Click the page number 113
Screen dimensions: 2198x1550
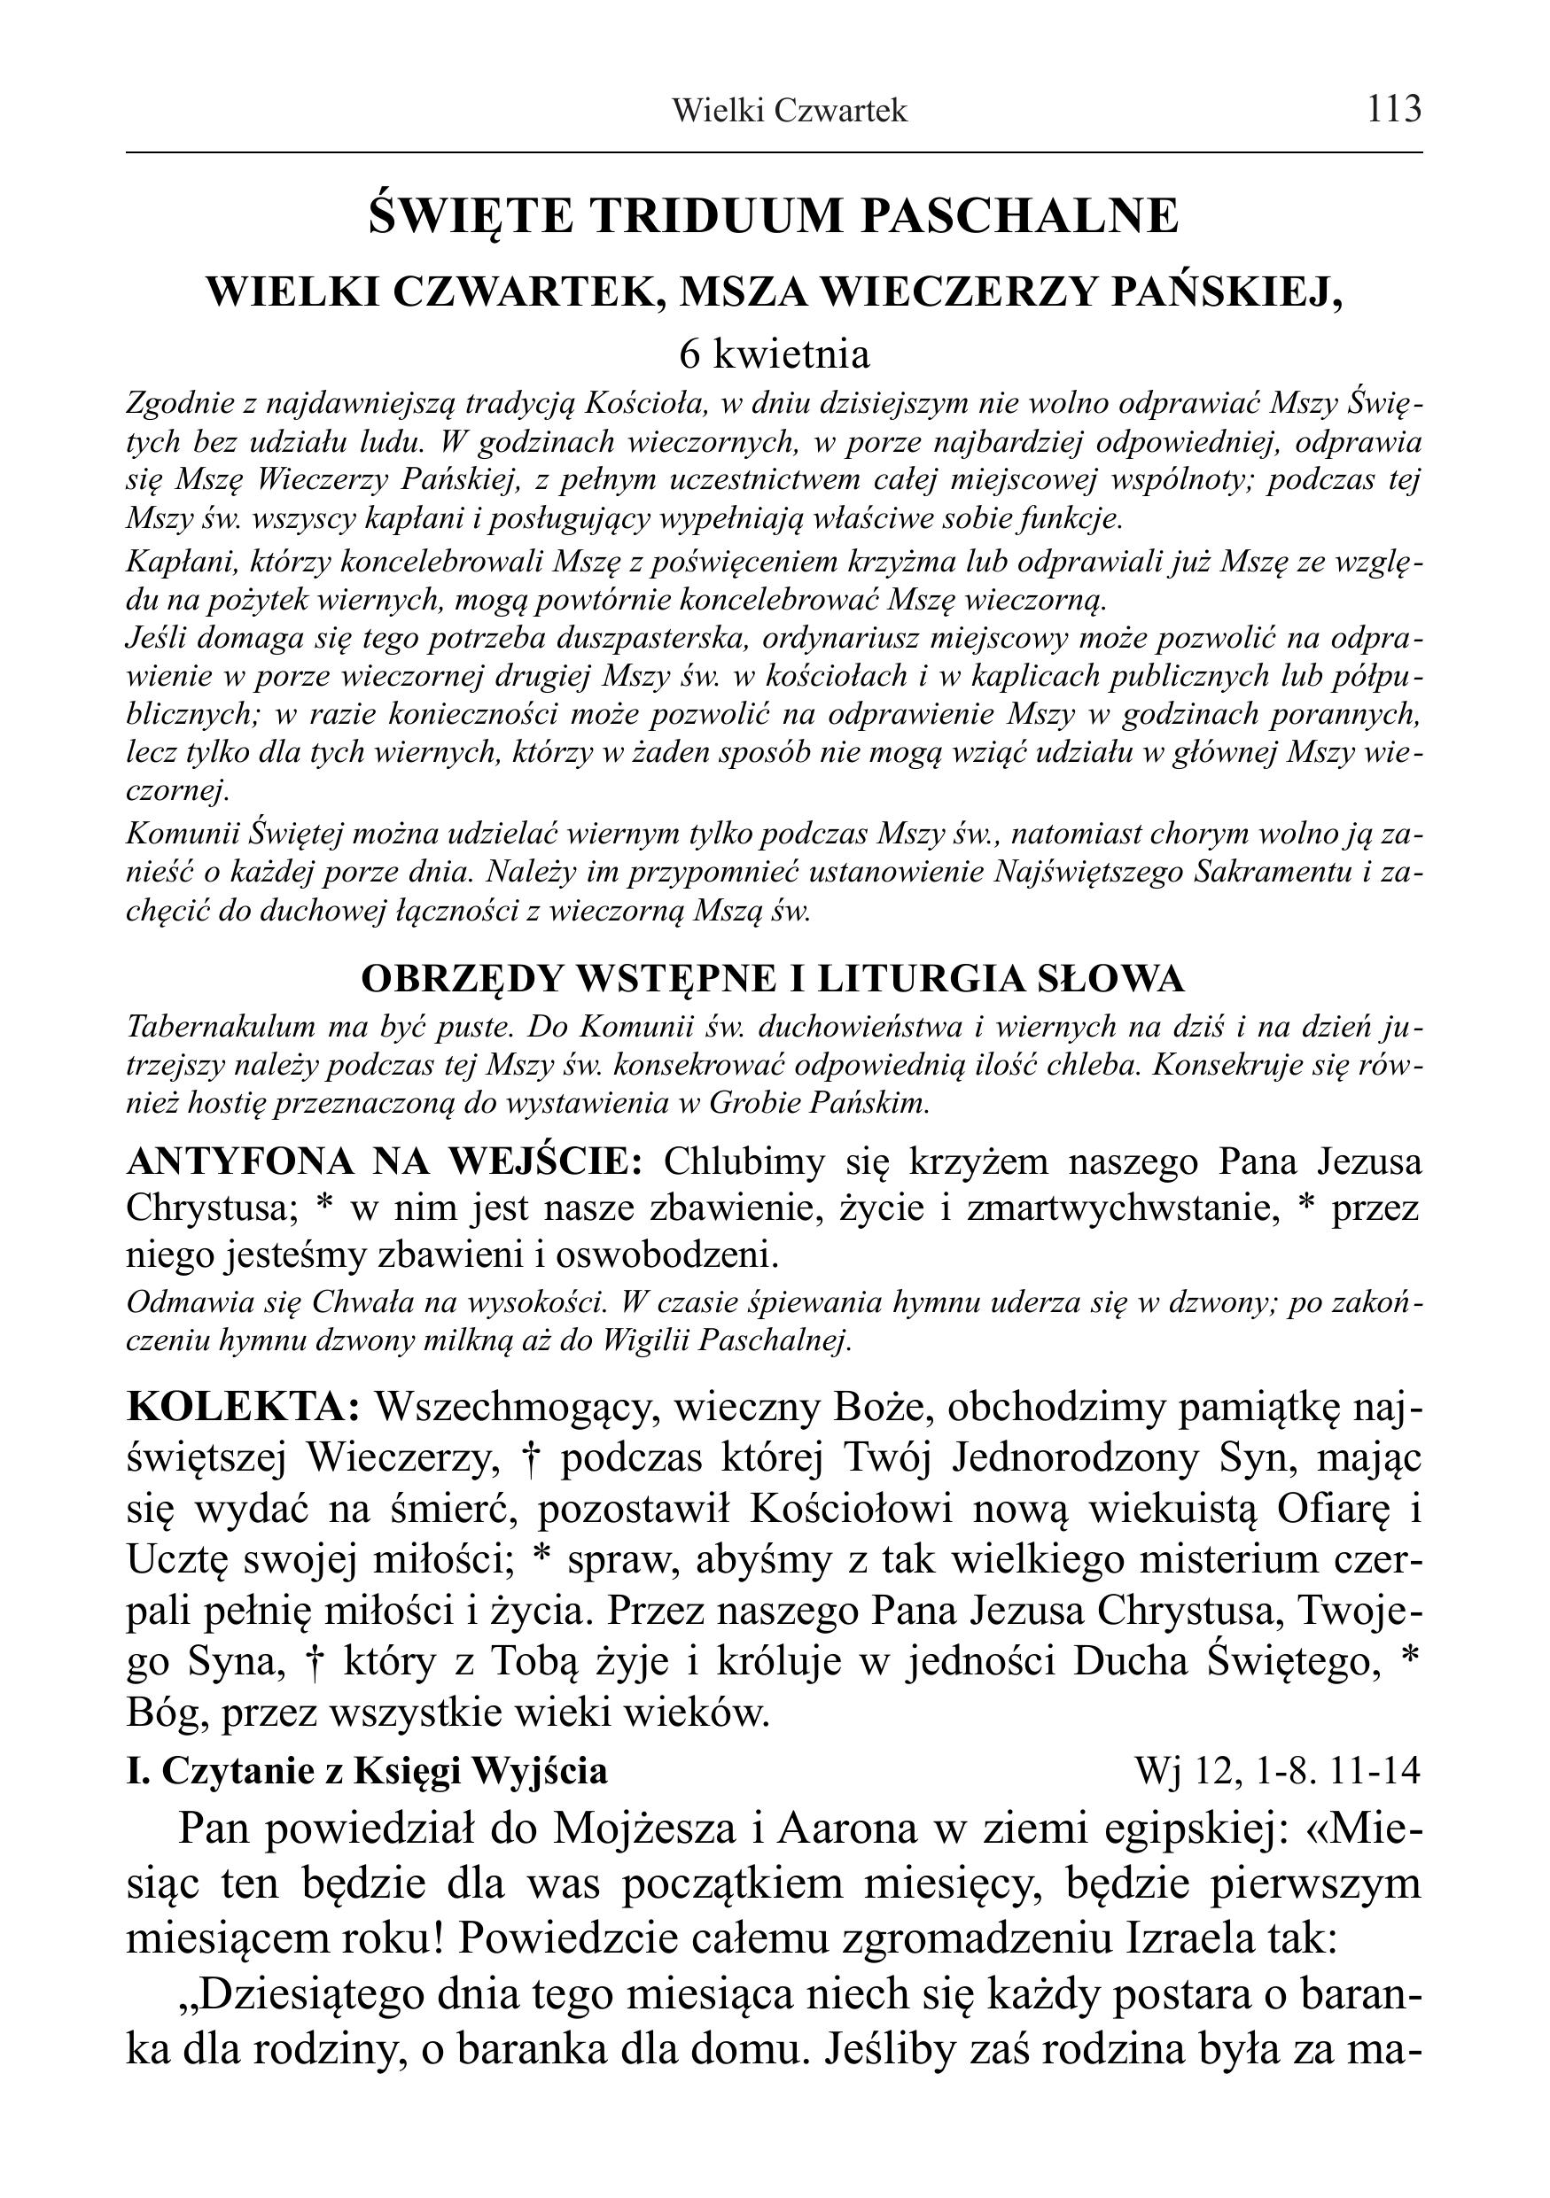coord(1394,110)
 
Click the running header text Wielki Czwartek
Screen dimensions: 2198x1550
coord(789,112)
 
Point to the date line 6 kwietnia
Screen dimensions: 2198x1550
coord(775,356)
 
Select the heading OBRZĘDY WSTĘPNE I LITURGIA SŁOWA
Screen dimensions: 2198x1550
coord(773,978)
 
